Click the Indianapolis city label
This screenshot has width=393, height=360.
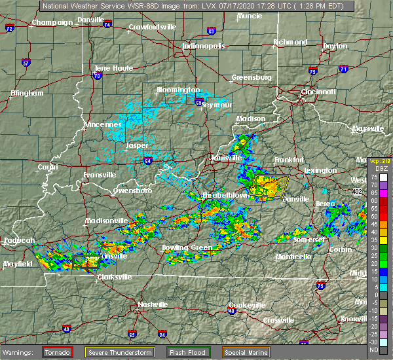tap(203, 46)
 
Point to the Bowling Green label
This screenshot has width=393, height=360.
tap(187, 248)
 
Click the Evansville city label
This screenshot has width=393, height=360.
tap(100, 175)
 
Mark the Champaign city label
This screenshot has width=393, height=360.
tap(52, 22)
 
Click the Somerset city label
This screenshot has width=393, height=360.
tap(309, 240)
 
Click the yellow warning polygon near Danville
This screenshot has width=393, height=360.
tap(270, 187)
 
